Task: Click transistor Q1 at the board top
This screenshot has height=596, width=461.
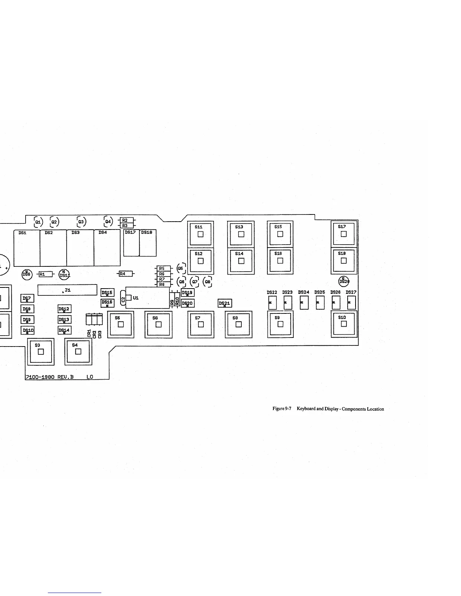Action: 38,222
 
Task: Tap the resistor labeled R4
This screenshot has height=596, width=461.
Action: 123,274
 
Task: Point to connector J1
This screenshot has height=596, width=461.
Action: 67,290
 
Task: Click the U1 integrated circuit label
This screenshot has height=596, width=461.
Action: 136,298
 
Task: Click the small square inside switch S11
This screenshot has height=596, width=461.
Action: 201,234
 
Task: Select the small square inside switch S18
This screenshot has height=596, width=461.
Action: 343,260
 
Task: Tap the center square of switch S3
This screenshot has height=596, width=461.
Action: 41,352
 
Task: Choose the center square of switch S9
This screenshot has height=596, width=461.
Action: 280,324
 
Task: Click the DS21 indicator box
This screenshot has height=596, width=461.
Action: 225,303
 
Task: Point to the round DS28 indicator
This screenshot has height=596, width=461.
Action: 343,281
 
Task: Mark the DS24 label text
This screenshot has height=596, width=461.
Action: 304,292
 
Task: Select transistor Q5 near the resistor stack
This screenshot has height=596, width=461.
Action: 180,268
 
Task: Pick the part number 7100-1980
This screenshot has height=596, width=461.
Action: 40,377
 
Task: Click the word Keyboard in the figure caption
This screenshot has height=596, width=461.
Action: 306,409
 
